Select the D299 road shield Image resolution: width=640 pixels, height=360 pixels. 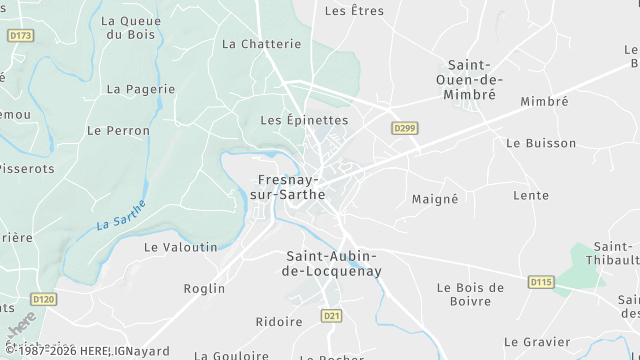pos(404,128)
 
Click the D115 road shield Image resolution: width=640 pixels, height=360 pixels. pos(541,282)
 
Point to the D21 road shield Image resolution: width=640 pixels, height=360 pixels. pos(332,316)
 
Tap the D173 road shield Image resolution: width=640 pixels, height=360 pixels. pos(20,35)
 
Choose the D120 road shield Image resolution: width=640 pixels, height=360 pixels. pos(44,298)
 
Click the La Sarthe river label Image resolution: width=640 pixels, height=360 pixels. pos(121,215)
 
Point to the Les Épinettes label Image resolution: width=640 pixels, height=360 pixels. pos(304,120)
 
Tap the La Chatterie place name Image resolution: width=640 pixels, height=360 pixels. pos(261,44)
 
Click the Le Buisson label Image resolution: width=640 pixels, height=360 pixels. pos(541,143)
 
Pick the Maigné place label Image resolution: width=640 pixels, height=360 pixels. pos(435,199)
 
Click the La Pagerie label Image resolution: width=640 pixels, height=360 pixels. pos(134,89)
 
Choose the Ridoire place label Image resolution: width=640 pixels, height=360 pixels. pos(279,322)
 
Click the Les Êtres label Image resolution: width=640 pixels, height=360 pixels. pos(355,11)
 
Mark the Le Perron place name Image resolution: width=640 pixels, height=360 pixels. pos(118,131)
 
